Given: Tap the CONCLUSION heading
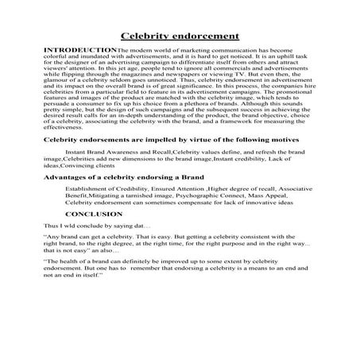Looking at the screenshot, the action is click(93, 215).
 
